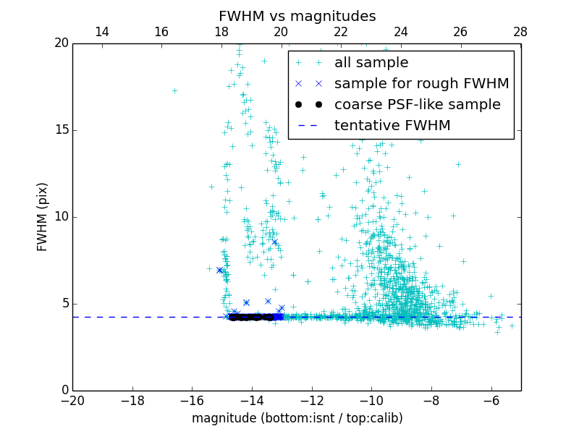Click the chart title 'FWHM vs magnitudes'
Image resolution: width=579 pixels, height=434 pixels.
click(x=297, y=16)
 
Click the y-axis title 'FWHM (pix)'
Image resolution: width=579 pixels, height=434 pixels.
click(x=43, y=217)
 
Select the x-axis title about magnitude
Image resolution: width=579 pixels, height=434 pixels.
click(x=297, y=418)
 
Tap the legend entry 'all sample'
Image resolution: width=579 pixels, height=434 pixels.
click(x=371, y=63)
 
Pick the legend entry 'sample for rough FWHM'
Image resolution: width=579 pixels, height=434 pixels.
click(x=421, y=84)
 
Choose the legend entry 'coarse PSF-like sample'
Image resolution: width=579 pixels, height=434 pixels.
click(x=417, y=105)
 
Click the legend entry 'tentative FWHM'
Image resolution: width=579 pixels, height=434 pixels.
click(x=392, y=126)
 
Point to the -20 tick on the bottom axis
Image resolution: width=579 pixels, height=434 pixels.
click(x=72, y=401)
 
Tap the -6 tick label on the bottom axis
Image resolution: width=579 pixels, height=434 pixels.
click(x=491, y=401)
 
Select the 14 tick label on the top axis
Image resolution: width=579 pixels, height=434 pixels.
click(x=102, y=32)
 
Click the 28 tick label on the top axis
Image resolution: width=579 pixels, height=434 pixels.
click(x=520, y=32)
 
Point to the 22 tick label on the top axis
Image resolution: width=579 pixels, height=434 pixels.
click(x=341, y=32)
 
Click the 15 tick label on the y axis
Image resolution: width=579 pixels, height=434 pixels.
click(x=60, y=130)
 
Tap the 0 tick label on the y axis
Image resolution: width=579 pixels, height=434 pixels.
click(x=64, y=391)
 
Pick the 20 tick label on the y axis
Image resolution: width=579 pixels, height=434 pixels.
click(x=60, y=43)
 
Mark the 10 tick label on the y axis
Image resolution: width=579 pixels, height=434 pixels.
click(x=60, y=217)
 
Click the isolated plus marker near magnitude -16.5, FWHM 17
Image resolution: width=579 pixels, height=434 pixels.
click(x=174, y=90)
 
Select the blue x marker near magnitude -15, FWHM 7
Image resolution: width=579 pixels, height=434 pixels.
click(x=219, y=270)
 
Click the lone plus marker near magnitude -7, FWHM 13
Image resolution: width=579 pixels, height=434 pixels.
click(x=458, y=164)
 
